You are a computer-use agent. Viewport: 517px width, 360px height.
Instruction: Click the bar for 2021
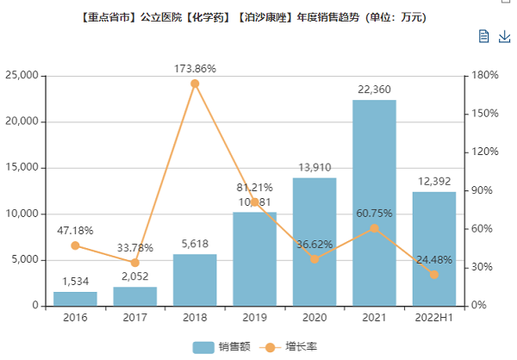(374, 203)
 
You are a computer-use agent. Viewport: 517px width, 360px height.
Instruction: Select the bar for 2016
(75, 299)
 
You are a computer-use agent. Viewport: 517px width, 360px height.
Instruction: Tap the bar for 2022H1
(433, 249)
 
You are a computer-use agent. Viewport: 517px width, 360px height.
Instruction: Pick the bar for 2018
(195, 280)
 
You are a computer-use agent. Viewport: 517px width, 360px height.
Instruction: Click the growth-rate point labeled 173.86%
(195, 84)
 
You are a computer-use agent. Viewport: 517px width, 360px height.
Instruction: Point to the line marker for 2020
(315, 258)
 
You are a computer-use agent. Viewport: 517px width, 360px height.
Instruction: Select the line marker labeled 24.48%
(433, 274)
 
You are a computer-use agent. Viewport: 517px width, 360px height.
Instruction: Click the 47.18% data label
(75, 231)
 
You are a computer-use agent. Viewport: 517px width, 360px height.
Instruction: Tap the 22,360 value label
(374, 89)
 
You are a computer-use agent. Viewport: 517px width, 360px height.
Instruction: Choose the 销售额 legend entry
(221, 347)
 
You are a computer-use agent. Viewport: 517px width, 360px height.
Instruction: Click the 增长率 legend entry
(288, 347)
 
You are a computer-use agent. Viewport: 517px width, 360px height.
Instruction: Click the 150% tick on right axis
(487, 114)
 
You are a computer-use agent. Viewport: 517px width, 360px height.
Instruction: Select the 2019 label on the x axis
(254, 318)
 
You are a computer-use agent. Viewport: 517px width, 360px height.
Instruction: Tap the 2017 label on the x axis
(134, 318)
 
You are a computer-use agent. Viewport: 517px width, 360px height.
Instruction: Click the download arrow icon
(504, 36)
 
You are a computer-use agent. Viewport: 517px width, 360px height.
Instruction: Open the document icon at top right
(484, 36)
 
